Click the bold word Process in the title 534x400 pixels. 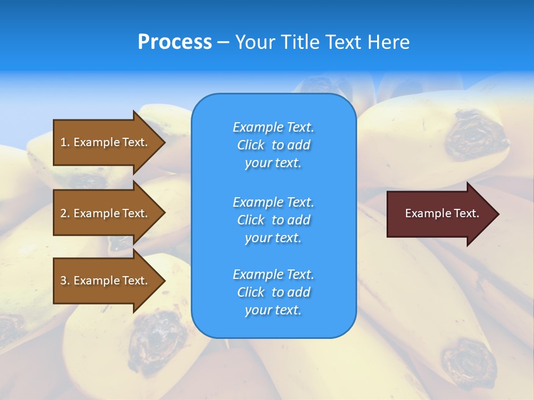click(x=175, y=42)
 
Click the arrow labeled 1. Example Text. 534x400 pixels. click(x=106, y=142)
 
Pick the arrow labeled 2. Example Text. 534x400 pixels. click(x=106, y=213)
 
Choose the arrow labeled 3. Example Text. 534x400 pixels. click(x=106, y=281)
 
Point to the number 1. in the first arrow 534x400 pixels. click(x=65, y=142)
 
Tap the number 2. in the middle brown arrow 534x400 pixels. click(x=65, y=213)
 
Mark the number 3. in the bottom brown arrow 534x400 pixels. click(x=65, y=281)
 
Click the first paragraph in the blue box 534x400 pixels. click(x=273, y=145)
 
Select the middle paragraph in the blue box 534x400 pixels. click(x=273, y=220)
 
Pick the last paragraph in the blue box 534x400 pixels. click(x=273, y=292)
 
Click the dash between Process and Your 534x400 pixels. click(x=223, y=43)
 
